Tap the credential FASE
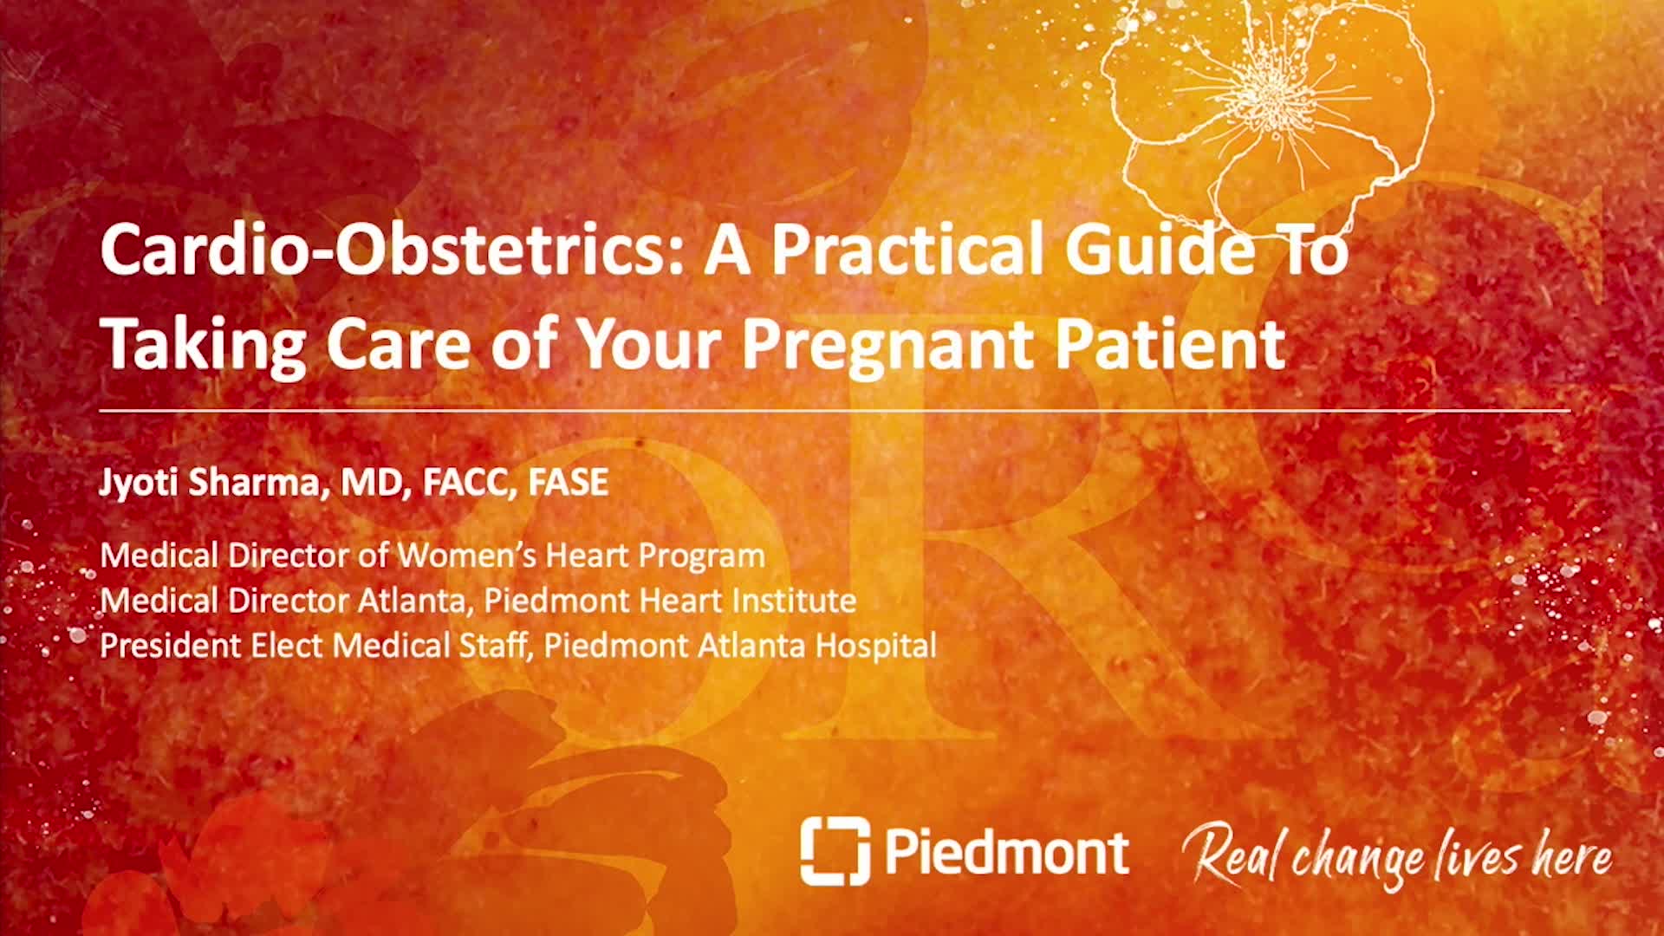[x=569, y=482]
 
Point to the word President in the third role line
[x=170, y=646]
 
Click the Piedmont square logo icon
[x=835, y=850]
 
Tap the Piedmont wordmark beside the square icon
[x=1007, y=850]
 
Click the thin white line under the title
[x=835, y=409]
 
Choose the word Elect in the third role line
[x=287, y=646]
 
